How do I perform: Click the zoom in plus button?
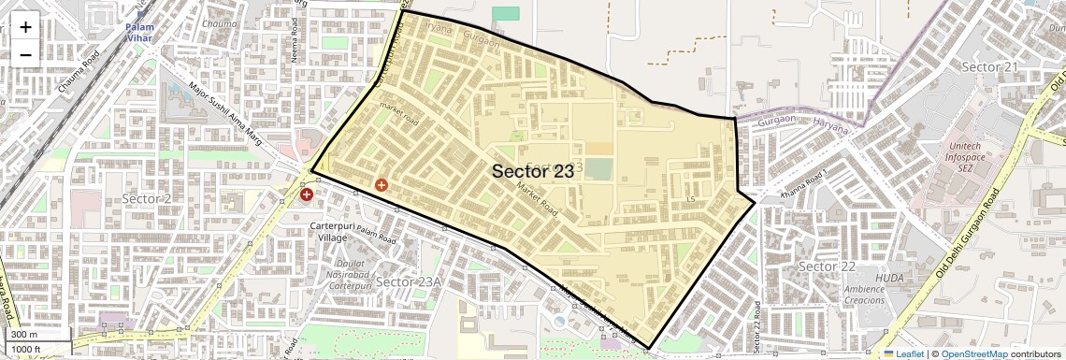[x=25, y=27]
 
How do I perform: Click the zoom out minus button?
[x=25, y=53]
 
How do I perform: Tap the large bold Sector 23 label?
[x=532, y=171]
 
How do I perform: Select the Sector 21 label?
[x=989, y=67]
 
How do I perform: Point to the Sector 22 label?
[x=828, y=266]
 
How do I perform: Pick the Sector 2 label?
[x=147, y=198]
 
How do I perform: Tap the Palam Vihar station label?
[x=140, y=33]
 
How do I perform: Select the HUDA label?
[x=889, y=279]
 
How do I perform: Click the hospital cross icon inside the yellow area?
[x=381, y=185]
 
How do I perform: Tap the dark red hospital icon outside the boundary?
[x=307, y=194]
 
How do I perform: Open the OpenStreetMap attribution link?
[x=973, y=353]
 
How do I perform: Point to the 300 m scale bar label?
[x=24, y=335]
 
